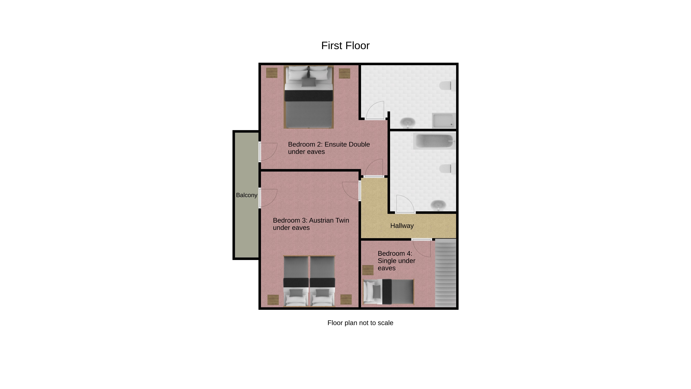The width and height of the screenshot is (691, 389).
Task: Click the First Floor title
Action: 345,46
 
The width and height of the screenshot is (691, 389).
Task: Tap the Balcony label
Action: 247,195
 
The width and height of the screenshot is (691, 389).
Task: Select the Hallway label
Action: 402,226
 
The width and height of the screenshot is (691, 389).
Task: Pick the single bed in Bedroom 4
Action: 388,292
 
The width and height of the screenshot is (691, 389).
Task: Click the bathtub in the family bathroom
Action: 434,141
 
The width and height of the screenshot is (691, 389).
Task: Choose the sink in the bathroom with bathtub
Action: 438,205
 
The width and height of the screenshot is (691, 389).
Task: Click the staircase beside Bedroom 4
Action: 446,273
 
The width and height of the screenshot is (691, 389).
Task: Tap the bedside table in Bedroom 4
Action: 368,270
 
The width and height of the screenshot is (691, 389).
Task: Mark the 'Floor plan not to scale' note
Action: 360,323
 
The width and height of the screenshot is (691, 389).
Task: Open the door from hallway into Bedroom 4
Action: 421,248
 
